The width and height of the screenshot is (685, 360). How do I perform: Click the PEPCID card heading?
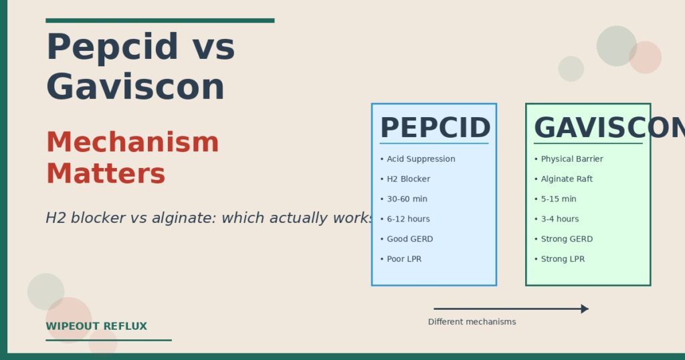[x=435, y=128]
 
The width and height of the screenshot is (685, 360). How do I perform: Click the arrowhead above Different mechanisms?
[x=585, y=309]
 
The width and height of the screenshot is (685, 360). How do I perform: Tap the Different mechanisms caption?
[x=472, y=322]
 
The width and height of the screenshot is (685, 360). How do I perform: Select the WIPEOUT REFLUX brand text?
[x=96, y=327]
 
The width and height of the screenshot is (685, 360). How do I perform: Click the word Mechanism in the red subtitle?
[x=132, y=143]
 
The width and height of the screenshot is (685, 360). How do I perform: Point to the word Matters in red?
[x=106, y=174]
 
